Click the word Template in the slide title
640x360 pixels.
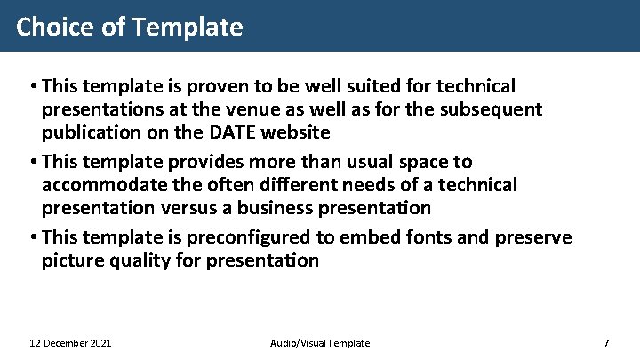pyautogui.click(x=187, y=28)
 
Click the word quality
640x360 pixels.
pyautogui.click(x=139, y=260)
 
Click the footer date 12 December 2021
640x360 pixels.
pyautogui.click(x=70, y=343)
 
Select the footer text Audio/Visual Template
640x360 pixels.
pyautogui.click(x=319, y=343)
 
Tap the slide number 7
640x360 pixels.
pyautogui.click(x=605, y=343)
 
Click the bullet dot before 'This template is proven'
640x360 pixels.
pyautogui.click(x=32, y=87)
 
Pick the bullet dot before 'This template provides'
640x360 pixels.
pyautogui.click(x=32, y=163)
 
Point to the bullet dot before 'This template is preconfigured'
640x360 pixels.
pyautogui.click(x=32, y=238)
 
